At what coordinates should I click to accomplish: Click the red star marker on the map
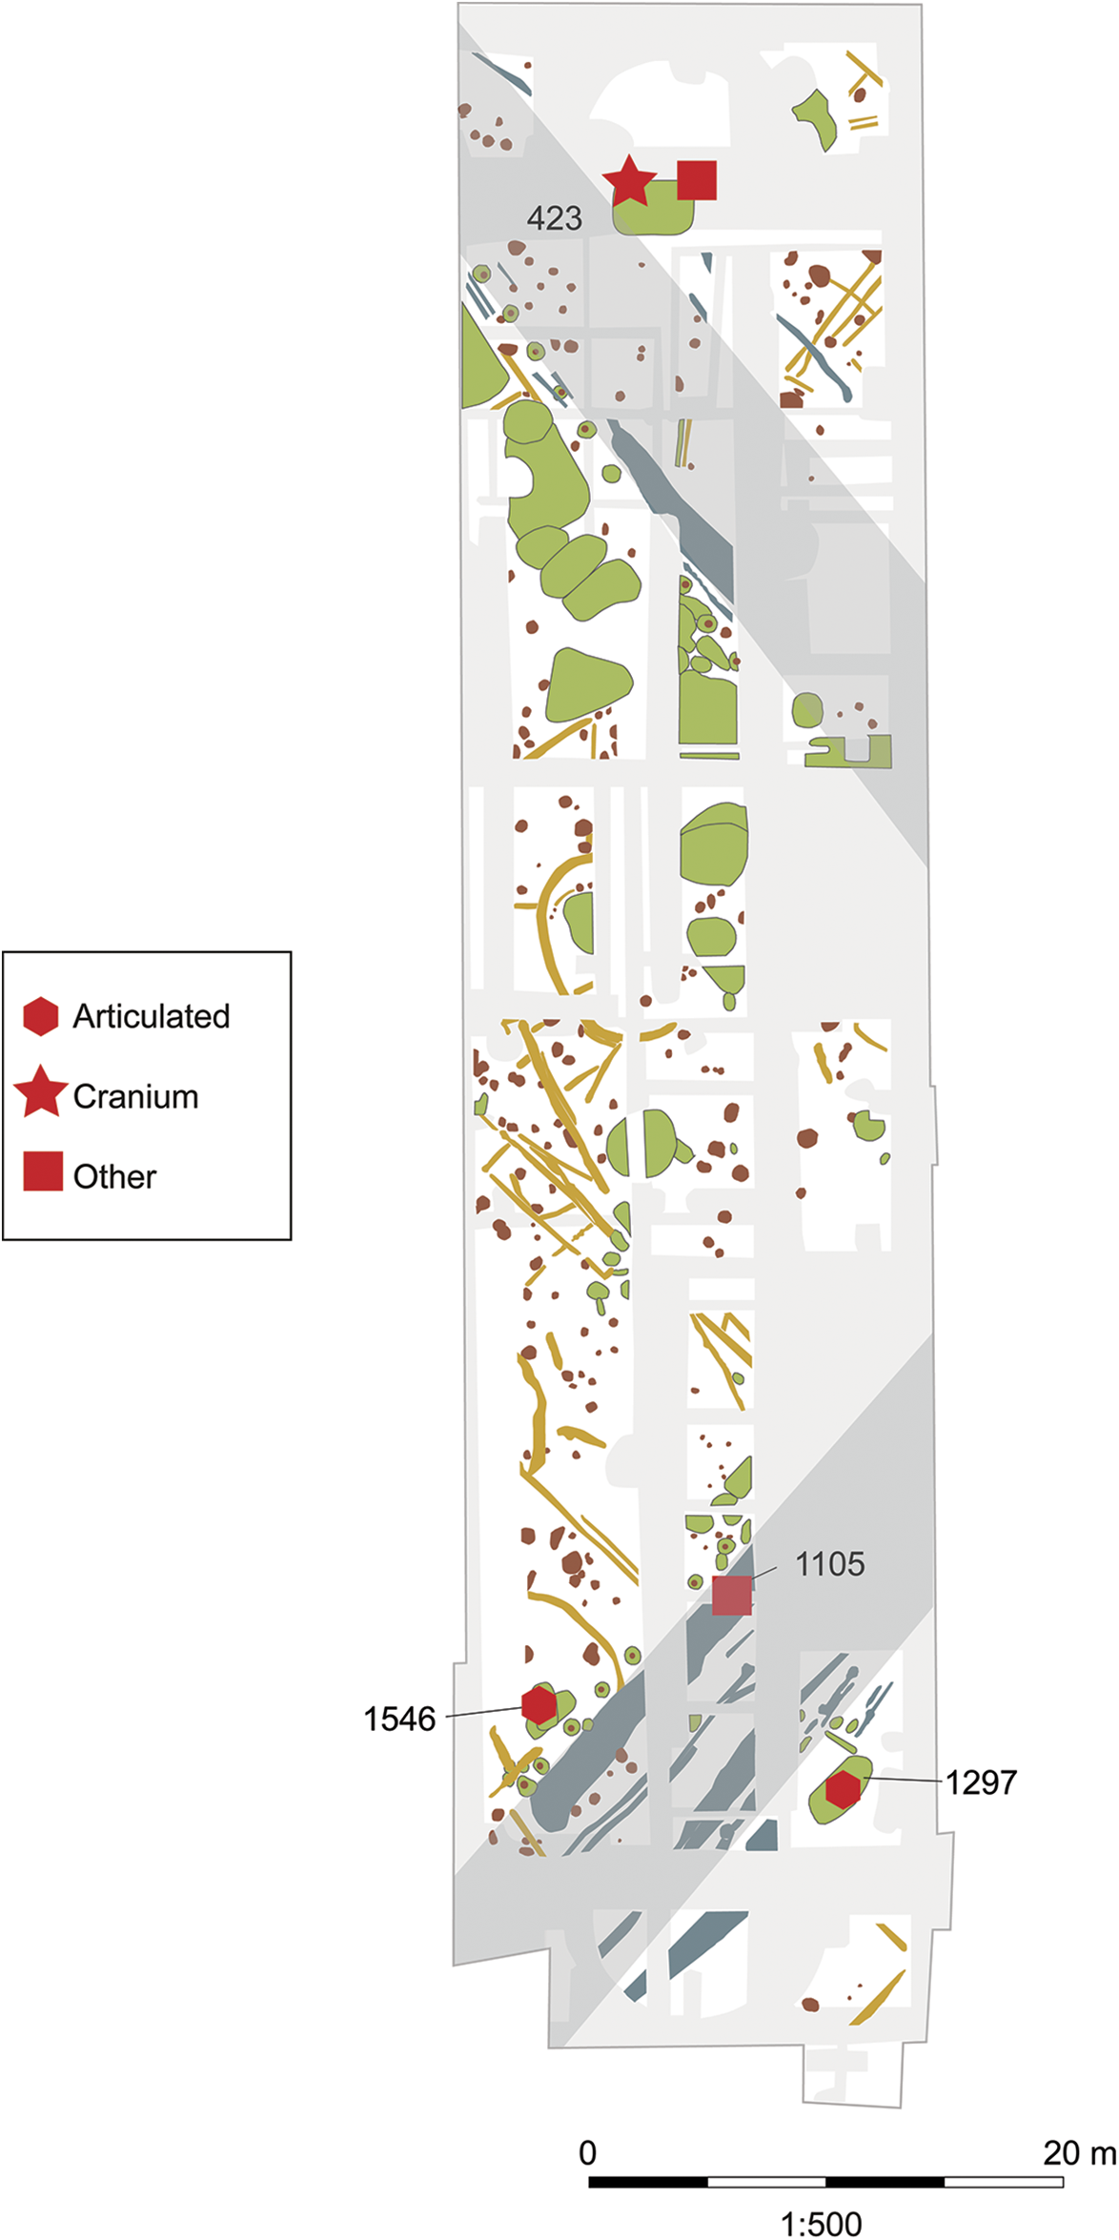click(629, 180)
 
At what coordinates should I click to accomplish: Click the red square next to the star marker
click(697, 180)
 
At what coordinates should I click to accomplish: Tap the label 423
click(554, 219)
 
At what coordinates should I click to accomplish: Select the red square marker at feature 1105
click(732, 1596)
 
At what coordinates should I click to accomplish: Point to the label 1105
click(829, 1564)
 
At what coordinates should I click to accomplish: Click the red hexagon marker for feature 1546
click(539, 1705)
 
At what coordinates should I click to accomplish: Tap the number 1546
click(399, 1720)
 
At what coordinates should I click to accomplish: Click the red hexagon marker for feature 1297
click(843, 1791)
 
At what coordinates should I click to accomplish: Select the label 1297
click(981, 1782)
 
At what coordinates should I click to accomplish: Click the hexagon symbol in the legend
click(41, 1017)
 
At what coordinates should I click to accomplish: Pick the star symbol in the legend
click(41, 1094)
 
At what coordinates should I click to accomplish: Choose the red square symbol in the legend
click(43, 1172)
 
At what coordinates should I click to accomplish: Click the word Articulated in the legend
click(152, 1017)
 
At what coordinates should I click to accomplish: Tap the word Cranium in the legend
click(135, 1097)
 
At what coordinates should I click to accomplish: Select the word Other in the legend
click(114, 1177)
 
